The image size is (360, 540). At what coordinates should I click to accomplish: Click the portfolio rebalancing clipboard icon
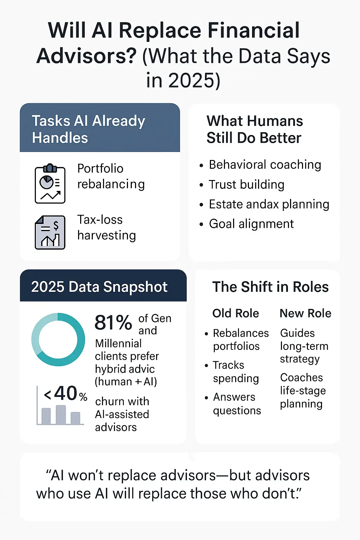(x=50, y=184)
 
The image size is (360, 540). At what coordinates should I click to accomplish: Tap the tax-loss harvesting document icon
(x=50, y=232)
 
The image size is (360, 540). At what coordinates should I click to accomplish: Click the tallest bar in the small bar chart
(x=61, y=414)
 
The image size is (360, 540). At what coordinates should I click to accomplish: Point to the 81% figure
(x=113, y=322)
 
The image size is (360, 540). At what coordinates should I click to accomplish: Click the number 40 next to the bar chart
(x=66, y=393)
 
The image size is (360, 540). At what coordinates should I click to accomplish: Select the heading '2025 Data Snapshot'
(x=99, y=287)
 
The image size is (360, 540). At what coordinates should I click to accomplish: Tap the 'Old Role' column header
(x=236, y=313)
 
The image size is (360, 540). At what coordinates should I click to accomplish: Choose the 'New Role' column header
(x=306, y=313)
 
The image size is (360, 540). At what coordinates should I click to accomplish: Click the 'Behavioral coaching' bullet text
(x=265, y=165)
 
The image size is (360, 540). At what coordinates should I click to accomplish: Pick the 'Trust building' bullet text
(x=247, y=185)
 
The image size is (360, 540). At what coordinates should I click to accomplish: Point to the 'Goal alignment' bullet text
(x=251, y=224)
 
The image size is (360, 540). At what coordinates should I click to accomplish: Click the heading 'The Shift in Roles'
(x=271, y=287)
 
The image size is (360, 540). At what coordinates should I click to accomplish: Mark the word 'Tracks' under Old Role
(x=229, y=365)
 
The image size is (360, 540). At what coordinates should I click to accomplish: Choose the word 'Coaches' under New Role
(x=301, y=378)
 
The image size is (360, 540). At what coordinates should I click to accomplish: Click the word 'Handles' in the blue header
(x=60, y=138)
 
